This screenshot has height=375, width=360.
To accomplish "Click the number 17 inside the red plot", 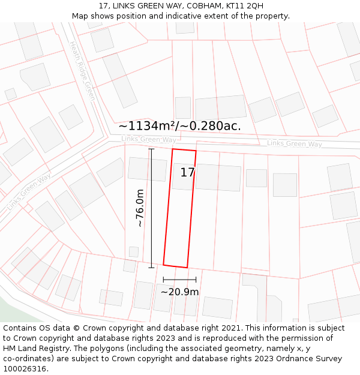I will (188, 173).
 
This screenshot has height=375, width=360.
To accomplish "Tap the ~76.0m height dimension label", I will (140, 208).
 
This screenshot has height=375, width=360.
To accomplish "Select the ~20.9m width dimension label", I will (179, 292).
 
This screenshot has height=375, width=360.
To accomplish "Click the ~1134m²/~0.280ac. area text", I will (179, 126).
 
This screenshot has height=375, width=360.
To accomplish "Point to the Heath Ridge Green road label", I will (82, 70).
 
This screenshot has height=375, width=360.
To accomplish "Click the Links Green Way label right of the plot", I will (294, 144).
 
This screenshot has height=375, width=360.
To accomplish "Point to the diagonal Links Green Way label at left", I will (28, 193).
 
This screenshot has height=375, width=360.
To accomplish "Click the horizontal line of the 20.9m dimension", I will (179, 280).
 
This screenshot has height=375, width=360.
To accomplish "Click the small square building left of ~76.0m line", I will (134, 251).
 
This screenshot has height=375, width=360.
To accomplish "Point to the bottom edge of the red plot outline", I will (175, 266).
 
